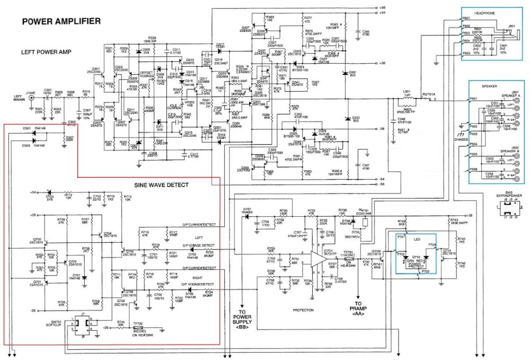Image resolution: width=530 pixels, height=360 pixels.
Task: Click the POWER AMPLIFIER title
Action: point(61,21)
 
